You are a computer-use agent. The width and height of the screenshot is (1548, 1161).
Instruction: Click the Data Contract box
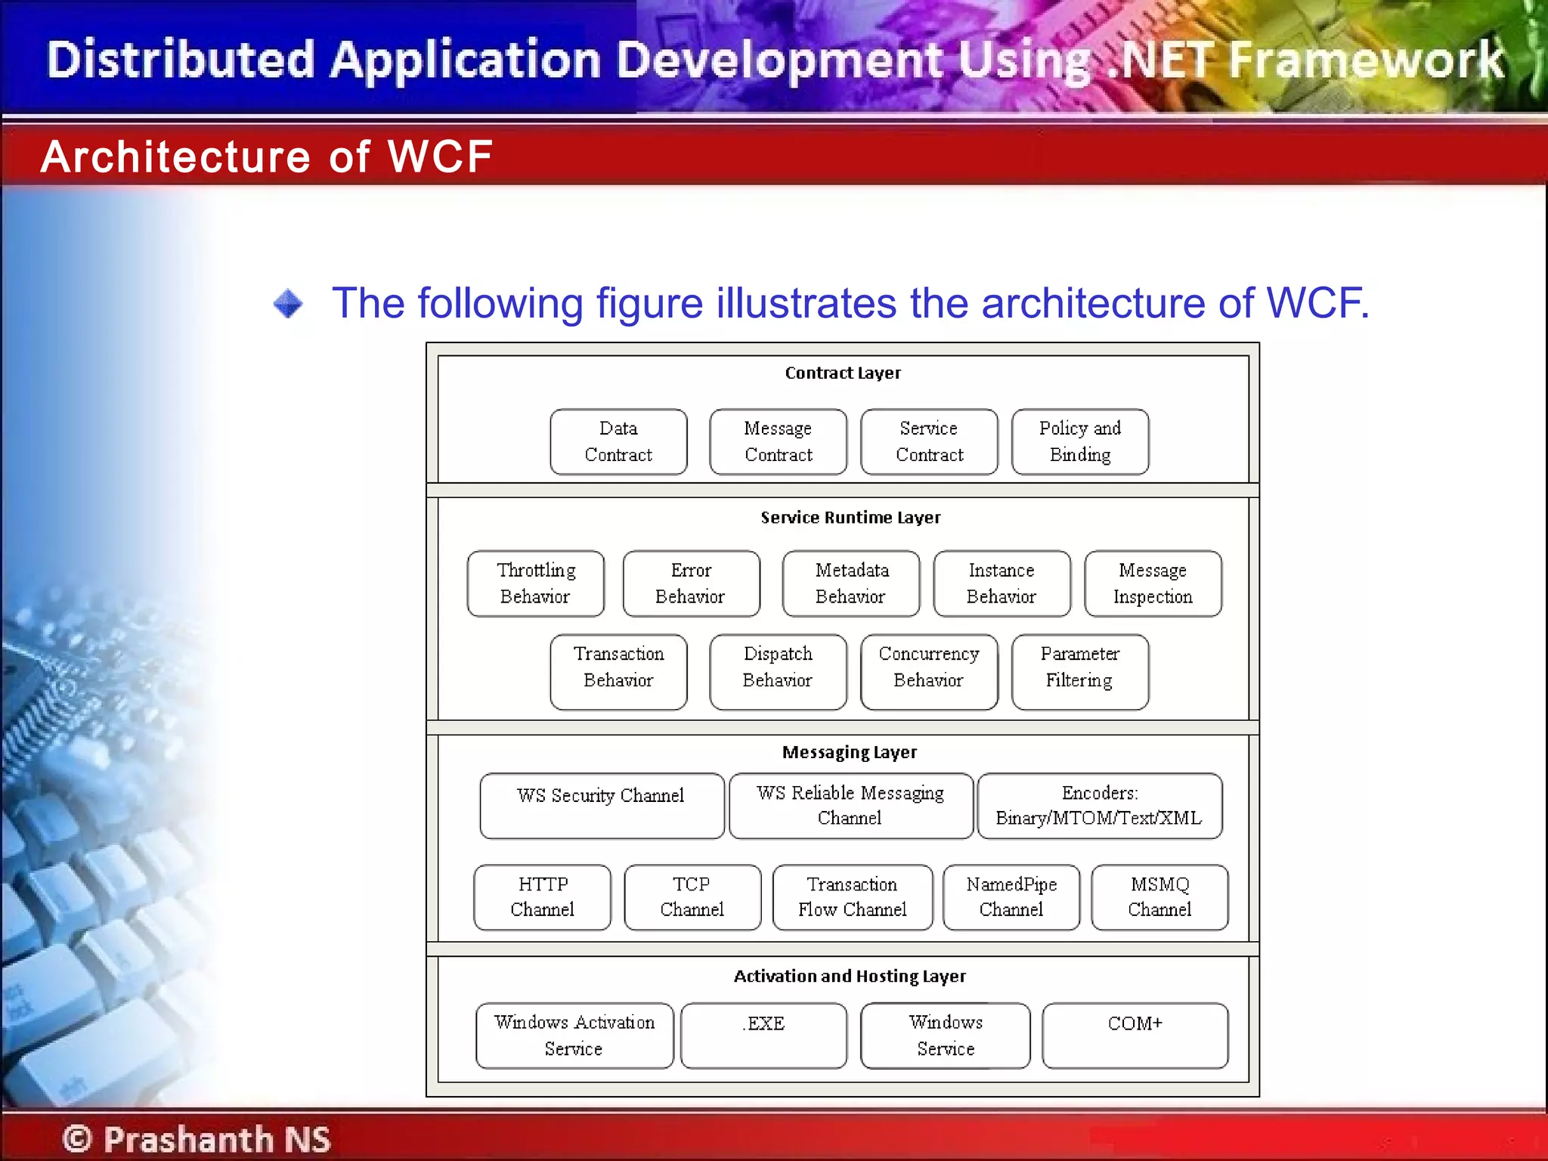(x=618, y=442)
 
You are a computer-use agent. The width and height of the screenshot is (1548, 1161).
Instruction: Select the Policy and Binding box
(x=1080, y=442)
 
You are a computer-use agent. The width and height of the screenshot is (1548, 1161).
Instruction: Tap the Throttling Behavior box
(x=536, y=584)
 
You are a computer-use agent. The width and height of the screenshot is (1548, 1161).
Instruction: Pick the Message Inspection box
(x=1153, y=584)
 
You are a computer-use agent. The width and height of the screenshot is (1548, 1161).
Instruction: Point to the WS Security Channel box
(x=602, y=806)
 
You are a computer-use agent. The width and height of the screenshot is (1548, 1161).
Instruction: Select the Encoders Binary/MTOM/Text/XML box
(x=1100, y=806)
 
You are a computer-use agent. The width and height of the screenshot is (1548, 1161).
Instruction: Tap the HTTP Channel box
(x=543, y=897)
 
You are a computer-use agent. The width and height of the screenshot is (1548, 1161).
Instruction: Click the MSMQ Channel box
(x=1159, y=897)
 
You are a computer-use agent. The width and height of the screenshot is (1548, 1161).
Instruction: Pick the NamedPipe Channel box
(x=1011, y=897)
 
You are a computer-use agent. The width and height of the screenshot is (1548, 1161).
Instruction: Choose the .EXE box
(x=763, y=1035)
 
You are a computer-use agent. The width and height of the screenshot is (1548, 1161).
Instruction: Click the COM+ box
(x=1135, y=1035)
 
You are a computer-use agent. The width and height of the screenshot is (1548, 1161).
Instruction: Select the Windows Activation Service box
(x=574, y=1035)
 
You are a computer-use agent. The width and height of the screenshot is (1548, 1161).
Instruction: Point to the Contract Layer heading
(x=843, y=373)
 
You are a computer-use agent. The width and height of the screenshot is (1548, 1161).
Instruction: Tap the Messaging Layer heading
(x=850, y=752)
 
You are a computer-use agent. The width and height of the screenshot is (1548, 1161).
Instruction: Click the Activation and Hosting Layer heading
(x=850, y=976)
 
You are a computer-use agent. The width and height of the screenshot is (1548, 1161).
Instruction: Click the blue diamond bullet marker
(x=288, y=304)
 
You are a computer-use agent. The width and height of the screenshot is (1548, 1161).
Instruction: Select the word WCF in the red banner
(x=440, y=156)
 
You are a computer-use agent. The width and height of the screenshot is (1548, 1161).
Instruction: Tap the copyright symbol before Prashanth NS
(x=77, y=1138)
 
